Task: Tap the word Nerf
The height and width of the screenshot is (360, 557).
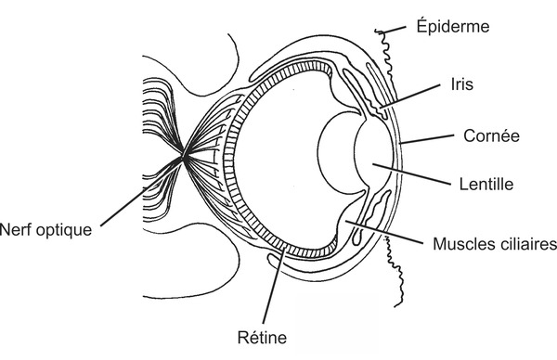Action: tap(18, 229)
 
